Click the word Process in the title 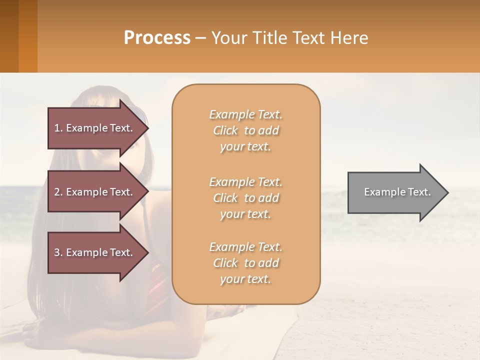tap(157, 38)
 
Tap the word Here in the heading tap(348, 38)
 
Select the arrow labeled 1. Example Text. tap(95, 128)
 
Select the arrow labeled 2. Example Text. tap(95, 192)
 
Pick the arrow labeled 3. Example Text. tap(95, 252)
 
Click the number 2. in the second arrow tap(58, 192)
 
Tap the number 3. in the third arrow tap(58, 252)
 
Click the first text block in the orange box tap(245, 130)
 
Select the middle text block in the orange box tap(245, 198)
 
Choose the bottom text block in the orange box tap(245, 263)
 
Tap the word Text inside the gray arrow tap(420, 192)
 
